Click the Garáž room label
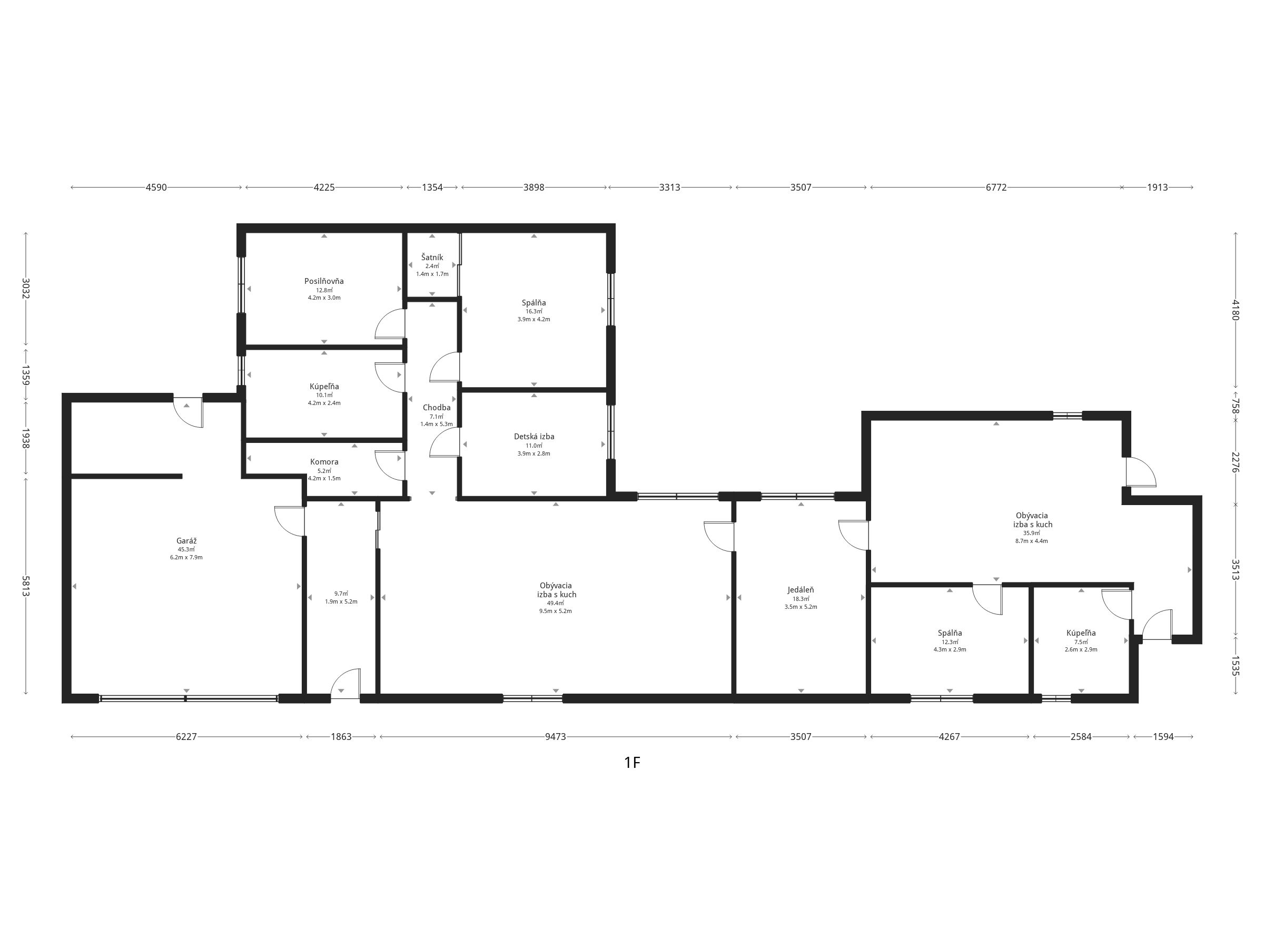pos(186,540)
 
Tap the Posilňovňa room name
pos(324,281)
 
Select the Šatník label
pos(432,257)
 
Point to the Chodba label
pos(437,408)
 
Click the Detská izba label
pos(534,437)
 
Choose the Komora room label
pos(324,462)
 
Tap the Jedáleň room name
pos(801,590)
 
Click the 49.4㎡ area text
pos(556,603)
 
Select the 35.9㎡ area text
pos(1031,533)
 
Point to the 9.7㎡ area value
pos(341,594)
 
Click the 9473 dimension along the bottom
pos(556,737)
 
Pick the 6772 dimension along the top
pos(996,187)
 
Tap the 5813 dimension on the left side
pos(26,586)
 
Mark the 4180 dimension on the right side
pos(1236,310)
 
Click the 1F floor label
pos(632,762)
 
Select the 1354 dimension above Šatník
pos(432,187)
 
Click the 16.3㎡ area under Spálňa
pos(534,311)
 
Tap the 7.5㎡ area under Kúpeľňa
pos(1081,641)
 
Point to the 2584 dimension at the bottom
pos(1081,737)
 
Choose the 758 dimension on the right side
pos(1236,406)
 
